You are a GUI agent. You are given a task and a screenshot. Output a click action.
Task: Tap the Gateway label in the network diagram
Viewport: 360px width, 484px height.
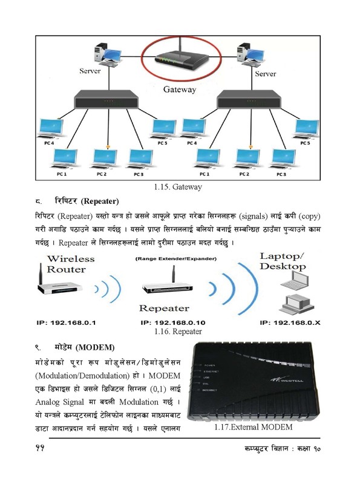tap(180, 90)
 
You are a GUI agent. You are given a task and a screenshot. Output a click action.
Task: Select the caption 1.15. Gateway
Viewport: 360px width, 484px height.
tap(178, 187)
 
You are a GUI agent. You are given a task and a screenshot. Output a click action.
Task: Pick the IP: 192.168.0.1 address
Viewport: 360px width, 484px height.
tap(68, 322)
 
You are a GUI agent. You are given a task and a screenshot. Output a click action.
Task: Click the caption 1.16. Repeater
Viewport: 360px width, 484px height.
tap(178, 332)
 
